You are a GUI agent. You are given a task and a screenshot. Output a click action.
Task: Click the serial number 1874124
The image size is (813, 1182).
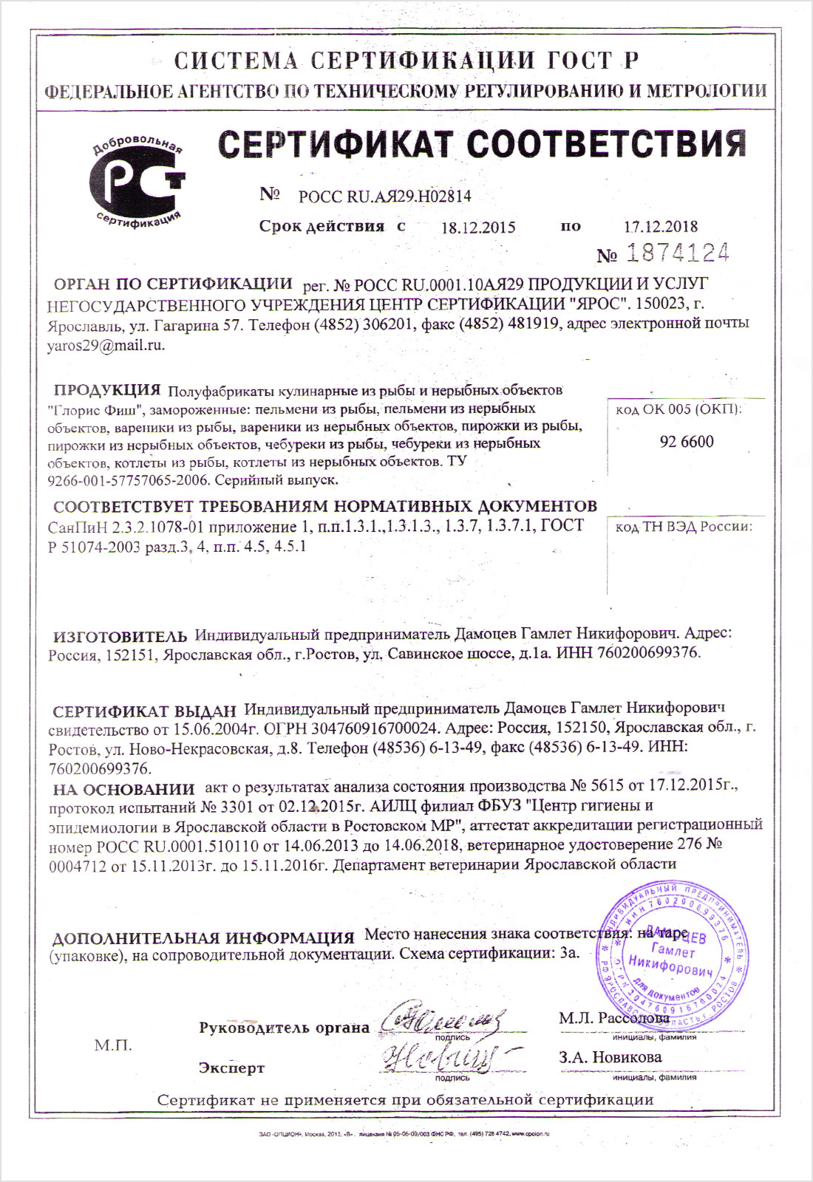(678, 253)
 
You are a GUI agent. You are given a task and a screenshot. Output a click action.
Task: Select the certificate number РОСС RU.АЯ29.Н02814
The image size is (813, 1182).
(384, 197)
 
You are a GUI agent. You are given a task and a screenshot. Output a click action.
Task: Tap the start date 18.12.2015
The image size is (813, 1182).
(478, 228)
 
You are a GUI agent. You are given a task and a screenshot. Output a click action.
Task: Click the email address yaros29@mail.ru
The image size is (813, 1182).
(106, 345)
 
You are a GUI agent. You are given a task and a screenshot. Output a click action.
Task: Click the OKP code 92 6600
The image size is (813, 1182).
(687, 442)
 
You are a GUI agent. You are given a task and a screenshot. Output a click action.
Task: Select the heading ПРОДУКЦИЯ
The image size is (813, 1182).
(107, 390)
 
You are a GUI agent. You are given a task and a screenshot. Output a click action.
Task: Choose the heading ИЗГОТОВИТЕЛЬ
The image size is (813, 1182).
(120, 636)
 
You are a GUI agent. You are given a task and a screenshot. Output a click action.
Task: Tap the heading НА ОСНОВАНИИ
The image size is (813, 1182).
(123, 789)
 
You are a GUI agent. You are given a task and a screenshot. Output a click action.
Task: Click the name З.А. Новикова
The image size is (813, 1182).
(610, 1057)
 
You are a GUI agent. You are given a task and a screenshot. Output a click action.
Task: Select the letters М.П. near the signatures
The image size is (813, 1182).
(113, 1045)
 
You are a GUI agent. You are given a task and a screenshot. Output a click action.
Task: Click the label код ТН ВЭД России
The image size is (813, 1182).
(684, 527)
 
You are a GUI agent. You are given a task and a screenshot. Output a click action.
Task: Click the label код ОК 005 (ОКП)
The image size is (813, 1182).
(679, 409)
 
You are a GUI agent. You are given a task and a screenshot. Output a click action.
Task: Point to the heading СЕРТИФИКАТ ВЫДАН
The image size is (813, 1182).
(144, 712)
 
